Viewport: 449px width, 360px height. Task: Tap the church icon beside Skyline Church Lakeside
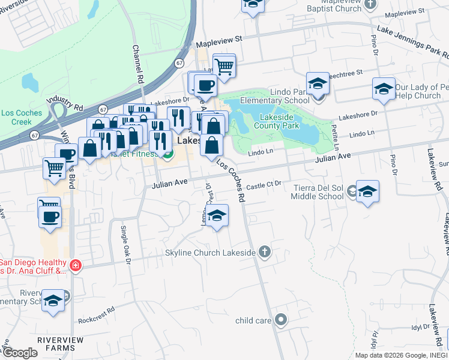[264, 252]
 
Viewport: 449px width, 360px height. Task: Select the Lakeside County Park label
[276, 121]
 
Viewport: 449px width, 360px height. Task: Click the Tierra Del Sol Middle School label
[318, 191]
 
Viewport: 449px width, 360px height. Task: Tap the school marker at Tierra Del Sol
[367, 192]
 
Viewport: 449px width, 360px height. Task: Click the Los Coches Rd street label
[232, 180]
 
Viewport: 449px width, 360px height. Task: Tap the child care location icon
[280, 320]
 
